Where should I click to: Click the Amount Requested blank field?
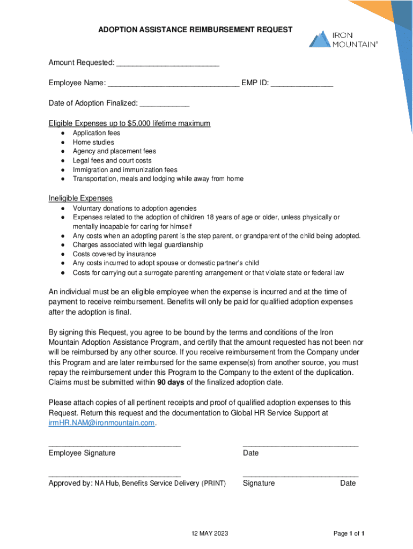[x=167, y=64]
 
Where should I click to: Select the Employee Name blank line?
[x=173, y=84]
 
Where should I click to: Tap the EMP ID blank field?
[x=301, y=84]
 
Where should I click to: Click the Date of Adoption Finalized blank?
[x=164, y=103]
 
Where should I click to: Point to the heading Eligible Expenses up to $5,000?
[x=129, y=123]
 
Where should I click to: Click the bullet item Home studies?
[x=93, y=142]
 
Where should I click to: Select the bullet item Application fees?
[x=97, y=133]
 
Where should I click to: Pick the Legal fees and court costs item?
[x=112, y=160]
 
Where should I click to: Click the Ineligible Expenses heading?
[x=80, y=198]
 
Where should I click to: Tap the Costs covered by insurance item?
[x=114, y=254]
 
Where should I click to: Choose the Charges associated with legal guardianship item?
[x=138, y=244]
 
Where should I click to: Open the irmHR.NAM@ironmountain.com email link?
[x=101, y=422]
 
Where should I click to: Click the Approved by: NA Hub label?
[x=137, y=483]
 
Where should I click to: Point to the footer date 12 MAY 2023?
[x=210, y=533]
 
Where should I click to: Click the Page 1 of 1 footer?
[x=349, y=533]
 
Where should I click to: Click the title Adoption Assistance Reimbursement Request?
[x=195, y=29]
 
